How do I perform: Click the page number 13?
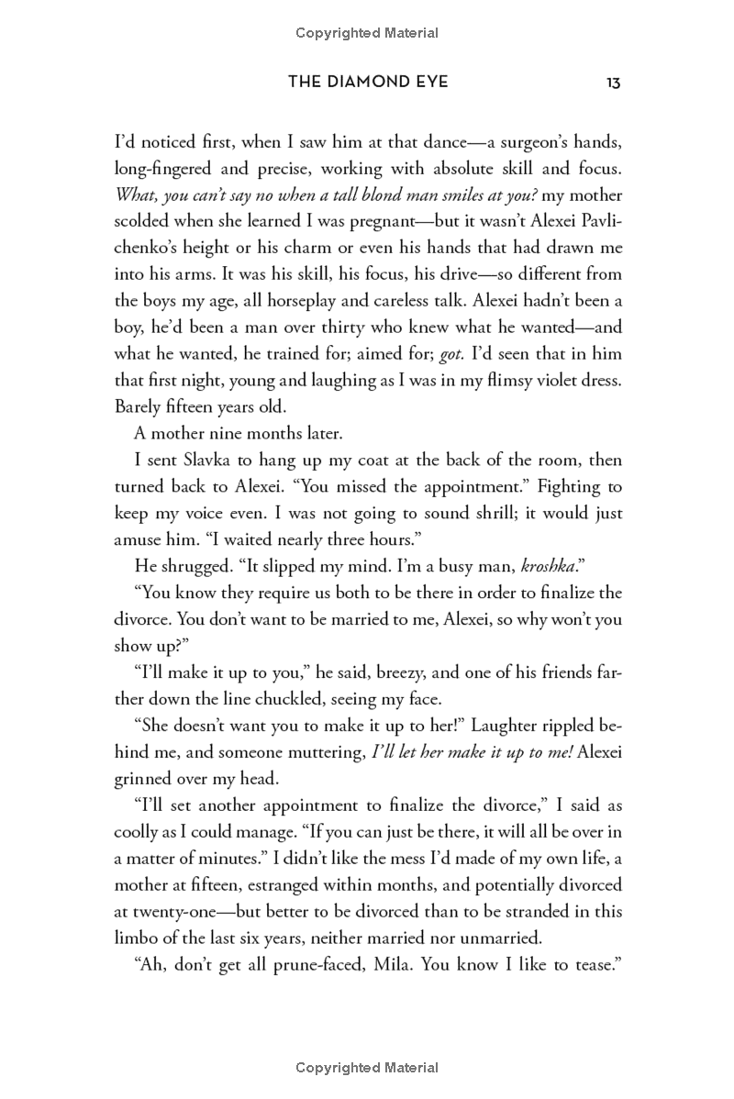(614, 83)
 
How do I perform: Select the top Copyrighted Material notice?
(367, 33)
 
